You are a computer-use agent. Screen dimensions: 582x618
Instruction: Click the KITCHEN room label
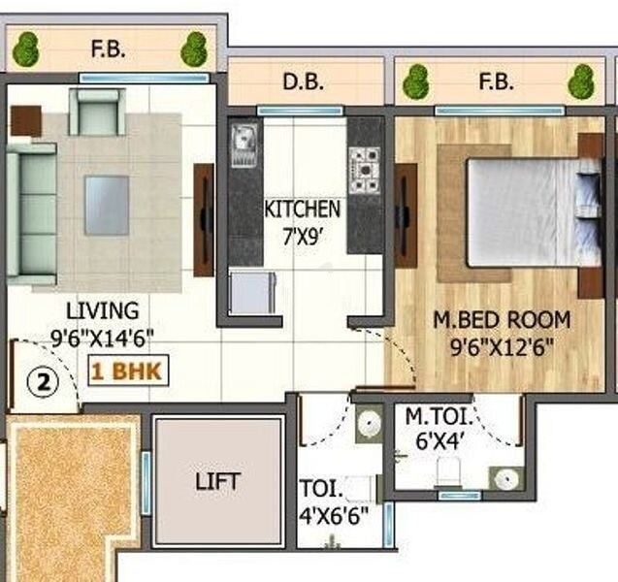pyautogui.click(x=302, y=209)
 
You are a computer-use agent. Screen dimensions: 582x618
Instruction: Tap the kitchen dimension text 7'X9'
pyautogui.click(x=302, y=234)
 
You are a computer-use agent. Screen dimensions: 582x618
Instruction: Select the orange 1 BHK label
pyautogui.click(x=129, y=371)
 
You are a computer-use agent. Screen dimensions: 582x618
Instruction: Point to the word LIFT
pyautogui.click(x=217, y=480)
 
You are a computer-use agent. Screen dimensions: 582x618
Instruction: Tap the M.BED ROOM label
pyautogui.click(x=501, y=319)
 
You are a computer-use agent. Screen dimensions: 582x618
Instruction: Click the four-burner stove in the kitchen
pyautogui.click(x=366, y=170)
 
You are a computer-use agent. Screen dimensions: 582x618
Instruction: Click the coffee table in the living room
pyautogui.click(x=106, y=204)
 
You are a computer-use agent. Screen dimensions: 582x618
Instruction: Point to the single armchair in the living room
pyautogui.click(x=98, y=113)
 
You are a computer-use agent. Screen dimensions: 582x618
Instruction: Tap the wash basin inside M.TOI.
pyautogui.click(x=504, y=477)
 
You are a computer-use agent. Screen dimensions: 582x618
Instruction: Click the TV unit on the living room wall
pyautogui.click(x=204, y=219)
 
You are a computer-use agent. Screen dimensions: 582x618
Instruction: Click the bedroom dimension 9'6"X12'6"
pyautogui.click(x=501, y=345)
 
